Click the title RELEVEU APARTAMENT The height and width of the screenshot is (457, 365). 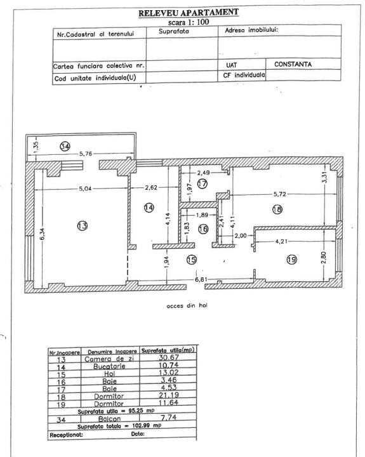click(x=183, y=12)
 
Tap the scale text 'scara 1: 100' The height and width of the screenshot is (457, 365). click(x=183, y=22)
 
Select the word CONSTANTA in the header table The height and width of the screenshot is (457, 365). click(x=293, y=64)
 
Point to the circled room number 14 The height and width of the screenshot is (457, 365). click(x=149, y=208)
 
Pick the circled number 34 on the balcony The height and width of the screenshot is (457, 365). click(x=65, y=146)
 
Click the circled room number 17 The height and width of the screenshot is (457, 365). click(x=202, y=184)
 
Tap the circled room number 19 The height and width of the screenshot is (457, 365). click(x=292, y=259)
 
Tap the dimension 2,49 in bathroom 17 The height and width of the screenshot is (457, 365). click(x=203, y=172)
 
